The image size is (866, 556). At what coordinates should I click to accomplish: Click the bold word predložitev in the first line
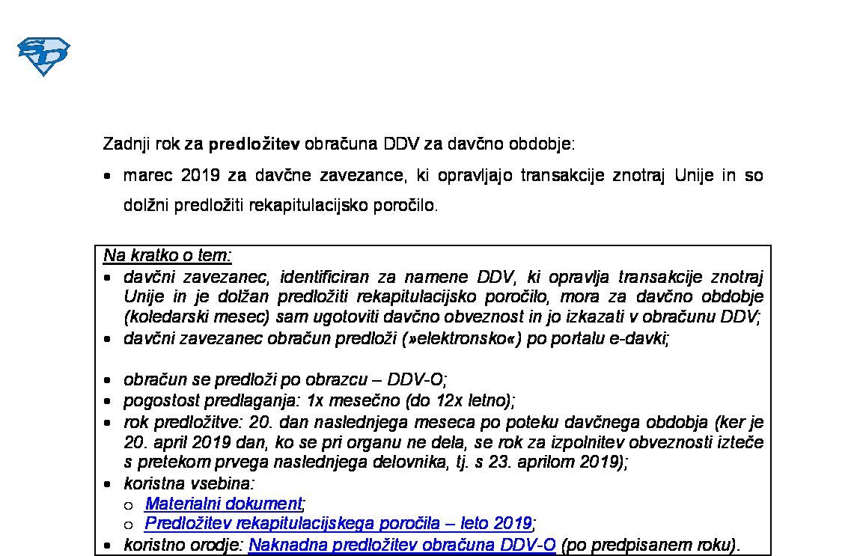click(x=254, y=144)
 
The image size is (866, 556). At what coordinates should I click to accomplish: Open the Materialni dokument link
click(x=224, y=504)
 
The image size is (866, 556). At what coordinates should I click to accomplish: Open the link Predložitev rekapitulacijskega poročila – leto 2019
click(x=338, y=522)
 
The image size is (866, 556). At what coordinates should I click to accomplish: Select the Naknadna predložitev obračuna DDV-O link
click(x=402, y=545)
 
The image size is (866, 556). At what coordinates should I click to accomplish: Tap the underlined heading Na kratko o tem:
click(x=168, y=256)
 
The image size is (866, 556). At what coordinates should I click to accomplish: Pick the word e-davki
click(x=641, y=339)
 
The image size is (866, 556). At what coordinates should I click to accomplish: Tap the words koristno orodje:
click(x=184, y=545)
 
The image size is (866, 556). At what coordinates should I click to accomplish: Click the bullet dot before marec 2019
click(x=109, y=177)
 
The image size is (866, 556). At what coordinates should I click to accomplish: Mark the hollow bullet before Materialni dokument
click(x=129, y=504)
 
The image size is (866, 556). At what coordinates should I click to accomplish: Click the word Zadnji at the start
click(x=126, y=144)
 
